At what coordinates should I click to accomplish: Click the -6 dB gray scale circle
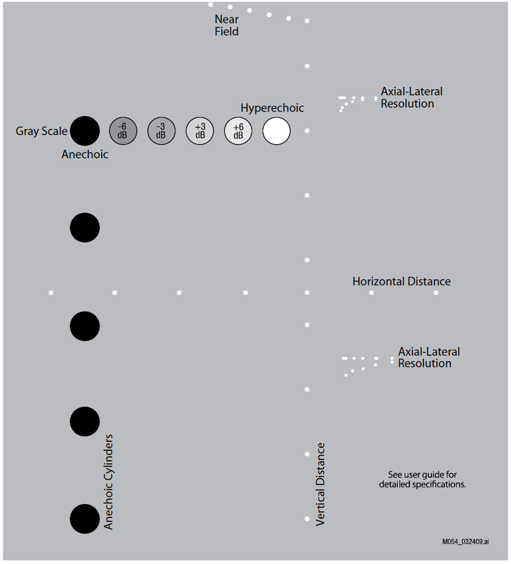pyautogui.click(x=123, y=131)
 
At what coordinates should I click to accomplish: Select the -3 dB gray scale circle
pyautogui.click(x=162, y=131)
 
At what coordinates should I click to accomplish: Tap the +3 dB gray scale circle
pyautogui.click(x=200, y=131)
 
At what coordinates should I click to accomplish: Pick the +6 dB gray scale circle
pyautogui.click(x=238, y=131)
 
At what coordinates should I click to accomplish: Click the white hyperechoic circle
pyautogui.click(x=276, y=131)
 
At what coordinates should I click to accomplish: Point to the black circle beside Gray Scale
pyautogui.click(x=85, y=131)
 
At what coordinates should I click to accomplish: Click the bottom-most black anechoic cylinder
pyautogui.click(x=85, y=518)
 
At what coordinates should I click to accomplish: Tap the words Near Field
pyautogui.click(x=226, y=26)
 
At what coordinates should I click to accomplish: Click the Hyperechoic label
pyautogui.click(x=272, y=108)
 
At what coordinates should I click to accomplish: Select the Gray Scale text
pyautogui.click(x=41, y=131)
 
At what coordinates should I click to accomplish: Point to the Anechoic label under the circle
pyautogui.click(x=85, y=154)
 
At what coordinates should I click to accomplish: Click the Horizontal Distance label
pyautogui.click(x=401, y=281)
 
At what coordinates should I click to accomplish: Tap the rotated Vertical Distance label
pyautogui.click(x=320, y=485)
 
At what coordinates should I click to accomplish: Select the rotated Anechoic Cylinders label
pyautogui.click(x=108, y=482)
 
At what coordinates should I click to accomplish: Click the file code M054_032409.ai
pyautogui.click(x=465, y=542)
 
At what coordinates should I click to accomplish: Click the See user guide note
pyautogui.click(x=423, y=479)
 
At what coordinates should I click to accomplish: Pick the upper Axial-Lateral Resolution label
pyautogui.click(x=412, y=97)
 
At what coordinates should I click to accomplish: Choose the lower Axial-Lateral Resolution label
pyautogui.click(x=429, y=358)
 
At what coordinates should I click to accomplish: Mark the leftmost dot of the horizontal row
pyautogui.click(x=51, y=293)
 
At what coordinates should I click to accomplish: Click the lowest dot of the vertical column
pyautogui.click(x=307, y=518)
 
